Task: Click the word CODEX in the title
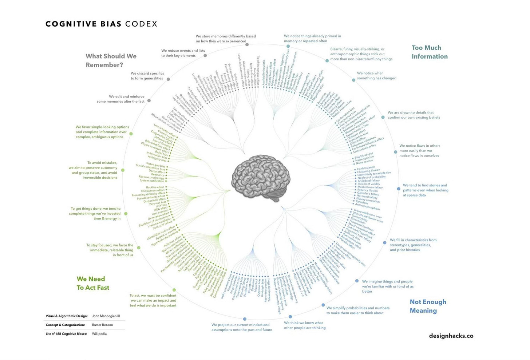coord(141,24)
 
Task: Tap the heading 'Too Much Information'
coord(430,52)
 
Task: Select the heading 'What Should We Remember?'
coord(111,60)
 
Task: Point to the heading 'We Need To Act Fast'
coord(93,283)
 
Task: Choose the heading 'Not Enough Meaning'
coord(428,306)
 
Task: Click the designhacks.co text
coord(451,336)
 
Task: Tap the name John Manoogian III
coord(106,316)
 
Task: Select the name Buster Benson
coord(102,325)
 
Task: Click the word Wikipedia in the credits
coord(99,333)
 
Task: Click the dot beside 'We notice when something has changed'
coord(353,80)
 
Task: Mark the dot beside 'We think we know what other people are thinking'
coord(290,317)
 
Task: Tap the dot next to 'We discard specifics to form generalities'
coord(168,79)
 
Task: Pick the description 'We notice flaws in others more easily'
coord(419,151)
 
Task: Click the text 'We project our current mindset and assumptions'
coord(242,327)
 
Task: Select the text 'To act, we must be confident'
coord(153,300)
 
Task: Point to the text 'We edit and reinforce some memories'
coord(120,99)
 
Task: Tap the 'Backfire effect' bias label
coord(155,187)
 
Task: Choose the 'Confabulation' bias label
coord(366,168)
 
